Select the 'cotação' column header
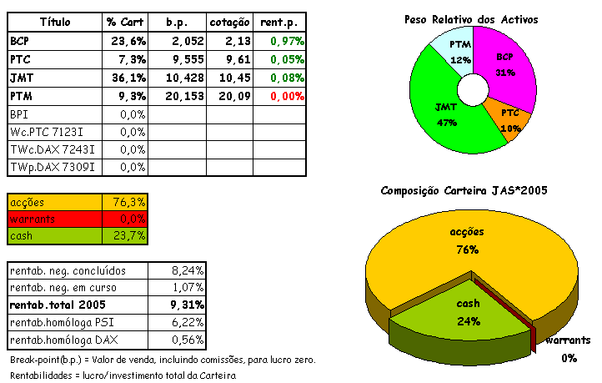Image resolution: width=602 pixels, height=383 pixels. coord(228,20)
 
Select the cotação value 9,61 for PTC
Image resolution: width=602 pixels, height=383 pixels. coord(228,59)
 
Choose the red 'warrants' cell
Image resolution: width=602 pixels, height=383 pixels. coord(55,219)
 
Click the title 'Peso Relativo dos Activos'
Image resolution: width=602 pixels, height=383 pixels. coord(471,19)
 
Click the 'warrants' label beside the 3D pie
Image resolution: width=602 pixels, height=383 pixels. coord(568,340)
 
